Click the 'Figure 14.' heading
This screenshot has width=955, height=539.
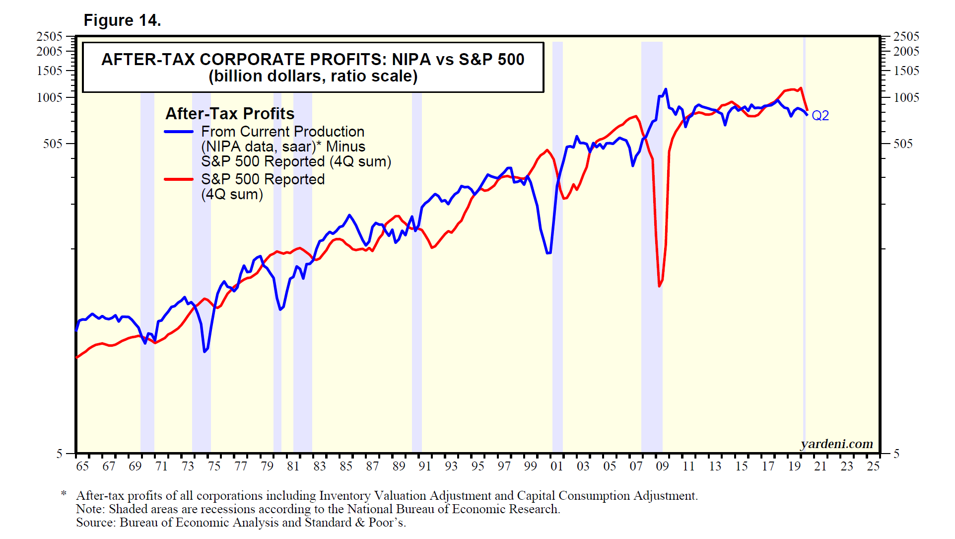coord(122,20)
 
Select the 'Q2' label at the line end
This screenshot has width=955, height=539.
coord(820,116)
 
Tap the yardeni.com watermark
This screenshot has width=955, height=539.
coord(836,444)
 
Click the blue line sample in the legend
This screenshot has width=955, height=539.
coord(179,132)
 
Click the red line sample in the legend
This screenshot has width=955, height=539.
coord(179,179)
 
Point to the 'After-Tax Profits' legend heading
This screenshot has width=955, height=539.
coord(230,114)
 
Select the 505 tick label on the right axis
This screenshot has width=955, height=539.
coord(903,144)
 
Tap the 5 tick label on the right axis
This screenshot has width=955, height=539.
coord(896,453)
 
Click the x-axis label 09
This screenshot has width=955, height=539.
coord(662,466)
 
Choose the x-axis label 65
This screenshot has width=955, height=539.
coord(82,466)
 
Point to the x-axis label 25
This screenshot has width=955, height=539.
coord(873,466)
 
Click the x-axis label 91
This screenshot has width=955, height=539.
coord(425,466)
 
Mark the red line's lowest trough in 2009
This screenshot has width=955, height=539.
coord(660,286)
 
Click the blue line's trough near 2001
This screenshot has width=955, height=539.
coord(548,253)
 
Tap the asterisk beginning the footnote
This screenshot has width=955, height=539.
coord(64,494)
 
